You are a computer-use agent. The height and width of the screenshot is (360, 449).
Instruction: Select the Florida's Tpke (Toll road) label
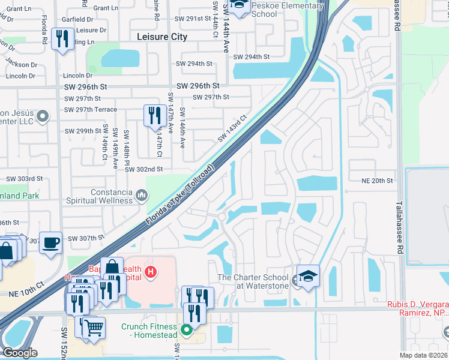(x=179, y=196)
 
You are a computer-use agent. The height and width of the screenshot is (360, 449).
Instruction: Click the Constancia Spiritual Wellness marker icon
(x=142, y=194)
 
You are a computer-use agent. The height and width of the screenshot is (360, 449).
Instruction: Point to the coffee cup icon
(x=50, y=243)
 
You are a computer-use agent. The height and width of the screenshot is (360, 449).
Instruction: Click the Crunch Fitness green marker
(x=187, y=329)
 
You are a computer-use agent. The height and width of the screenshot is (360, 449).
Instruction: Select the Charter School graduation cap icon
(x=308, y=276)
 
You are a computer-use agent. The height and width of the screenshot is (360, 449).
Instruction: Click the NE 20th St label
(x=376, y=181)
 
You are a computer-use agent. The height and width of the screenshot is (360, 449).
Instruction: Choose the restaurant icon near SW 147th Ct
(x=155, y=115)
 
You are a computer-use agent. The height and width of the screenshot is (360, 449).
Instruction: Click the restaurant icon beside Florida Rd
(x=62, y=40)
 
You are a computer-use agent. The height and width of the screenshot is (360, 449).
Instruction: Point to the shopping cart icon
(x=93, y=328)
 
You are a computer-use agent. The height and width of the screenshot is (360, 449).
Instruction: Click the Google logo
(x=19, y=353)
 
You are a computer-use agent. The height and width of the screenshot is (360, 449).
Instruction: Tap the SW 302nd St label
(x=144, y=170)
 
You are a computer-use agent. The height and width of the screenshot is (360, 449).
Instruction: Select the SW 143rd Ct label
(x=232, y=128)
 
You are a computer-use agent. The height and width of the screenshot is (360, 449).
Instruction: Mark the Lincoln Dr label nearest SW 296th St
(x=77, y=76)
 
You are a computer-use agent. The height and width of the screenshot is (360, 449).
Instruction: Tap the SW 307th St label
(x=82, y=238)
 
